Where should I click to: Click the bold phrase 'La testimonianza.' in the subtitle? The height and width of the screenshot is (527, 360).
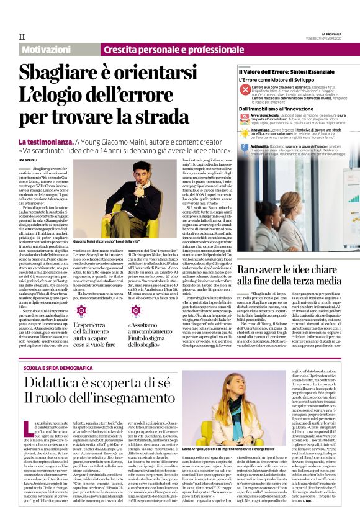tap(47, 142)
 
